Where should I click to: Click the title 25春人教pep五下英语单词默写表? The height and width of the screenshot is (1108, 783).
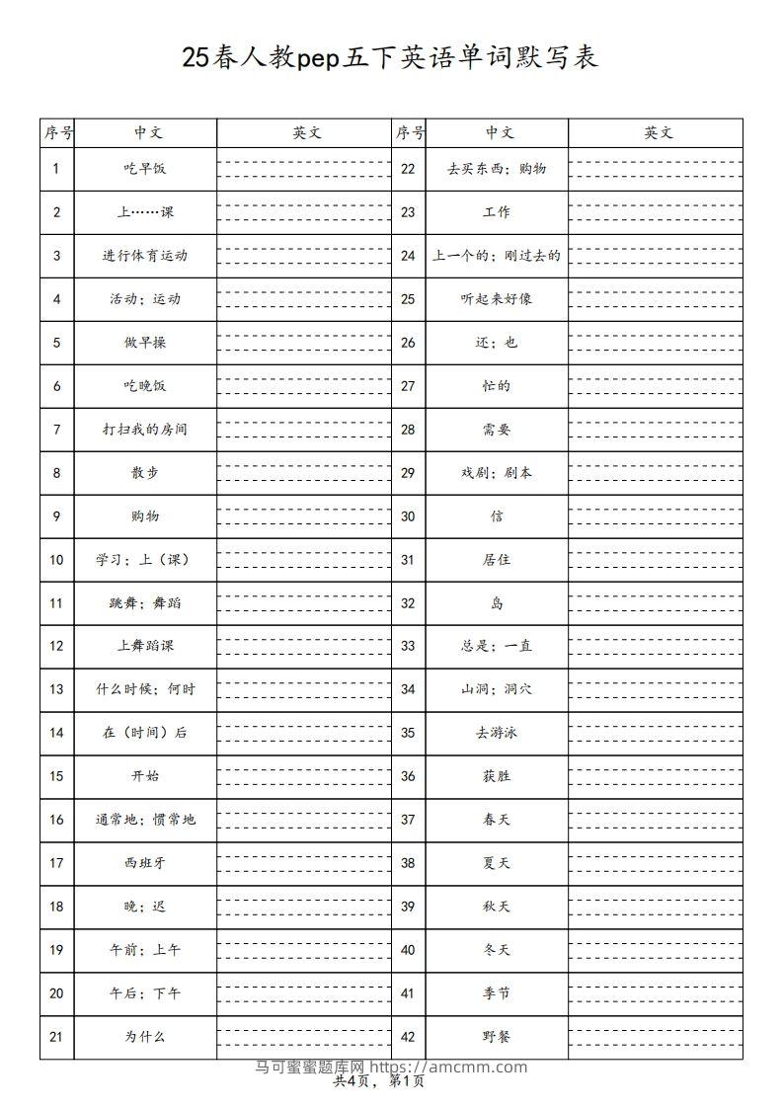390,57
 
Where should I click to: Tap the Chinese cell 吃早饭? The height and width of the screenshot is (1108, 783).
145,169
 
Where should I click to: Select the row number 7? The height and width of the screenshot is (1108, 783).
56,430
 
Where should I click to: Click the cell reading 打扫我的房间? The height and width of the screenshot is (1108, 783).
145,430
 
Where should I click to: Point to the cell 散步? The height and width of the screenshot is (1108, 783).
145,473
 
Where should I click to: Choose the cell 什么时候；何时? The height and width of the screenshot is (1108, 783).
145,689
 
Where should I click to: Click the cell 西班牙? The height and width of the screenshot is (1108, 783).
145,863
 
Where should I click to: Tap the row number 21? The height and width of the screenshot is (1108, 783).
56,1037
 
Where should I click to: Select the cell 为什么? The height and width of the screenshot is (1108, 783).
145,1037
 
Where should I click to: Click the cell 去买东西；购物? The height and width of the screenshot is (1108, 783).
497,169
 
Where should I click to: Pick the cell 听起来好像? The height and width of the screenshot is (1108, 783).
497,299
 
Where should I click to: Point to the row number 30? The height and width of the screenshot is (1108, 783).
408,516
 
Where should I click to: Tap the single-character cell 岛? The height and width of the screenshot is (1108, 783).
497,603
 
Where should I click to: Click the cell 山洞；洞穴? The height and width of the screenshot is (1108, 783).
497,689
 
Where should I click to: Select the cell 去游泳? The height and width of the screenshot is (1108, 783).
497,733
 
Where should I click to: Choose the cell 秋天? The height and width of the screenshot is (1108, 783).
497,907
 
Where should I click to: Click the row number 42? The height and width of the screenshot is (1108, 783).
408,1037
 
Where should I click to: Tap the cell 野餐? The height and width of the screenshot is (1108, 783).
497,1037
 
